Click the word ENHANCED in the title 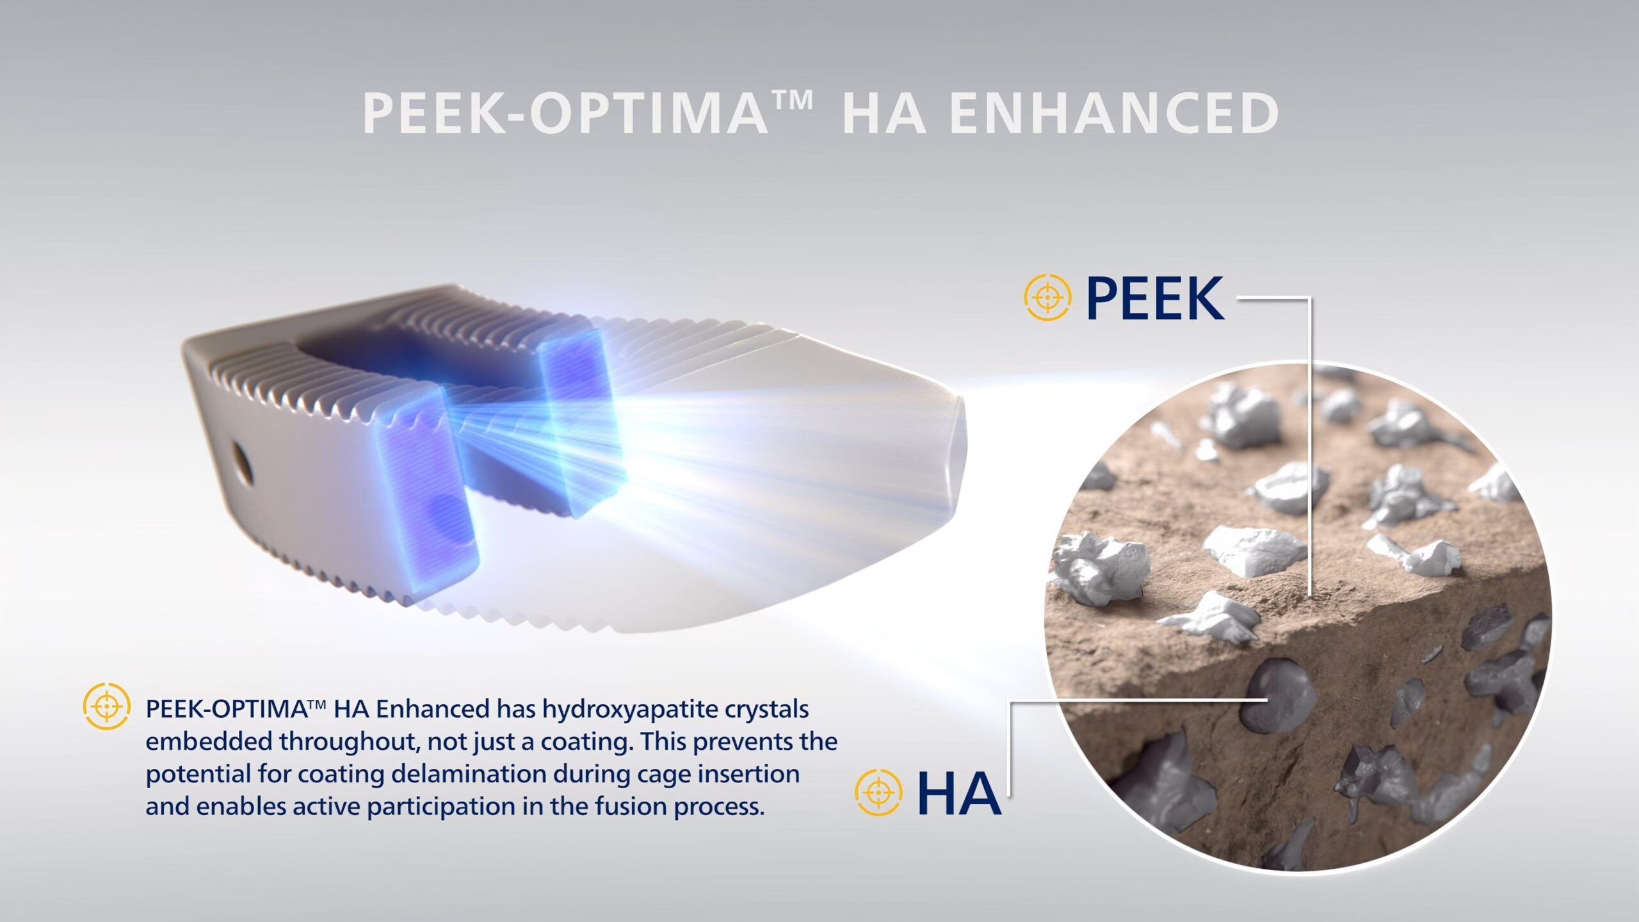click(x=1114, y=113)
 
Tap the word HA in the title click(x=884, y=113)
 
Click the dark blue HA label click(x=959, y=793)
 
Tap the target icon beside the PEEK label click(x=1047, y=297)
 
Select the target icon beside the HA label click(x=878, y=793)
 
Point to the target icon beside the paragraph click(x=107, y=706)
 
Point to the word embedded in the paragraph click(x=209, y=741)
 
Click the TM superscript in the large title click(x=793, y=99)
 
